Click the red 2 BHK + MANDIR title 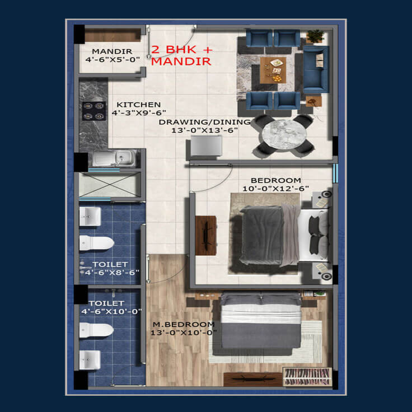click(181, 55)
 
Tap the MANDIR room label click(112, 55)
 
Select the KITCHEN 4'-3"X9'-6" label click(139, 109)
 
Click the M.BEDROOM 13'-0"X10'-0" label click(184, 329)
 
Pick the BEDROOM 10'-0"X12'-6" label click(275, 185)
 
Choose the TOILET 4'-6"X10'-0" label click(111, 307)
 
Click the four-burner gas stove click(94, 111)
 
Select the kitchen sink click(114, 158)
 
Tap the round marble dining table click(284, 134)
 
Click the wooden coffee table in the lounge click(273, 70)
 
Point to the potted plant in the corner click(315, 36)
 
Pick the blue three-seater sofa click(316, 69)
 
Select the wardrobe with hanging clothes click(307, 377)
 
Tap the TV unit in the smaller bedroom click(206, 236)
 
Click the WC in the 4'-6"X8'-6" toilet click(96, 243)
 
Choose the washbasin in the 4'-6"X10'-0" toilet click(90, 360)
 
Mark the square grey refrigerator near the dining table click(206, 146)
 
